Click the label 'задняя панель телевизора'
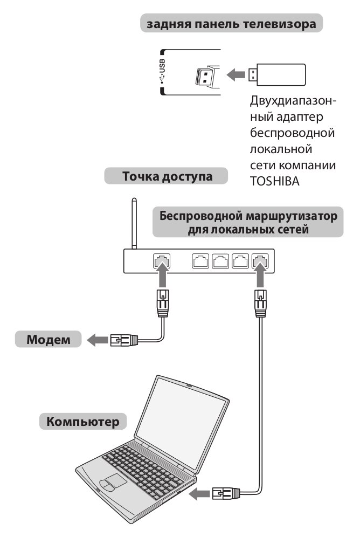231,24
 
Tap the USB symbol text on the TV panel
162,71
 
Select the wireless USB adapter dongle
276,74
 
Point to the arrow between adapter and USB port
236,74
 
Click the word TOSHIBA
275,181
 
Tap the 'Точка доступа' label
167,176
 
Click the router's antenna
134,223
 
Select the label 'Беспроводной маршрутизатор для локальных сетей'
248,222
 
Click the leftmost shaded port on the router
162,261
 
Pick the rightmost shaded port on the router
260,261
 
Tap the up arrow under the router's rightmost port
260,277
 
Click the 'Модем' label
49,339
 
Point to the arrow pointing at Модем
97,340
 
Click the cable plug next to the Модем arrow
124,340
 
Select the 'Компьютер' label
83,421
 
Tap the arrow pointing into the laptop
199,493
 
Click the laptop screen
182,422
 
